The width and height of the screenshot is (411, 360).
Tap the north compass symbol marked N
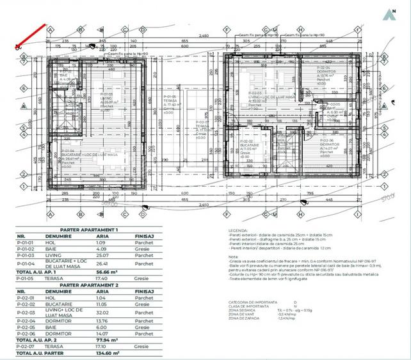point(389,12)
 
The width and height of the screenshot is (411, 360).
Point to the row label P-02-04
point(24,324)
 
